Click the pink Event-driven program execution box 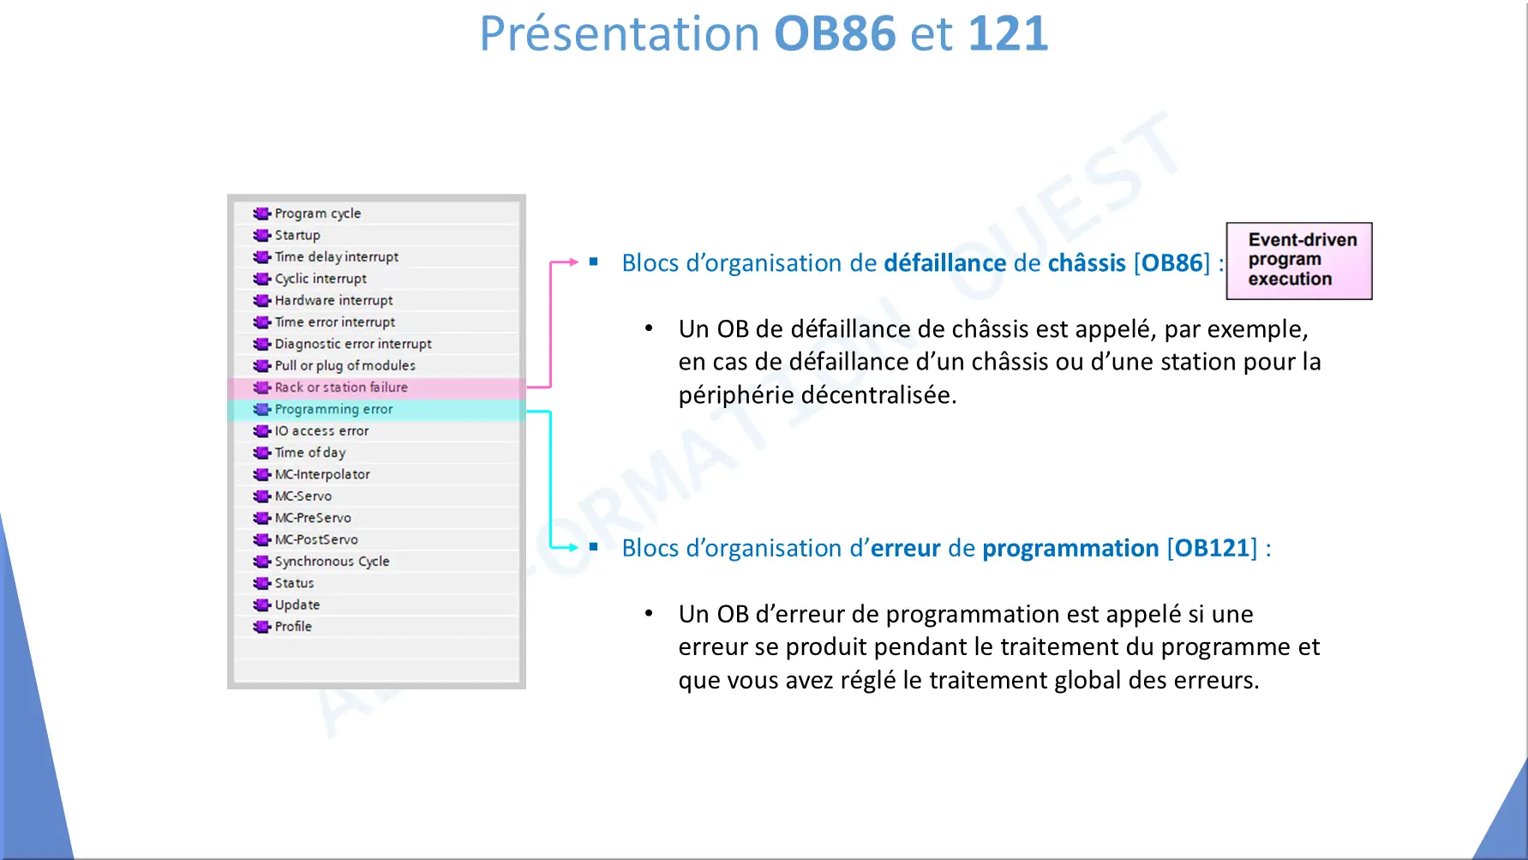click(1298, 261)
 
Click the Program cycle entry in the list click(318, 213)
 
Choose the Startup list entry click(297, 235)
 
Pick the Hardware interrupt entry click(333, 300)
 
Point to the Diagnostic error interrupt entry click(353, 344)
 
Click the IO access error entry click(321, 431)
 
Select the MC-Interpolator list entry click(322, 474)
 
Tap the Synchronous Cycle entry click(332, 562)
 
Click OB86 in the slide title click(835, 33)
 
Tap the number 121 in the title click(1008, 33)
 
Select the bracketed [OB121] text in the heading click(1212, 548)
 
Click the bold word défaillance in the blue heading click(944, 262)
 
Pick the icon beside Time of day click(261, 453)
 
